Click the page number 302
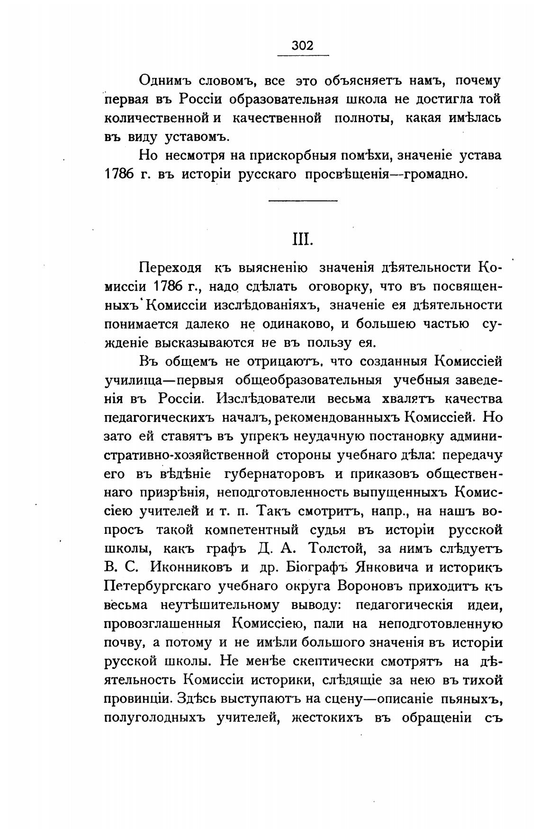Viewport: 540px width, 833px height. point(303,45)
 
